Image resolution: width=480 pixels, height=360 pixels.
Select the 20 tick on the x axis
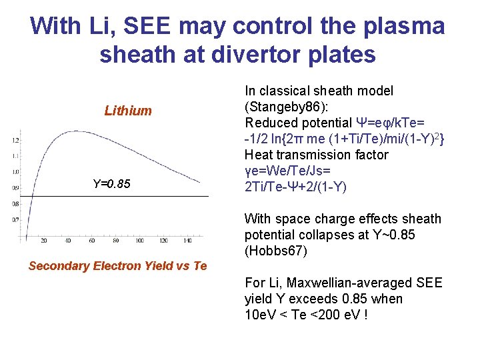[44, 241]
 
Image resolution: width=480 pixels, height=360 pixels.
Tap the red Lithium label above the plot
[128, 111]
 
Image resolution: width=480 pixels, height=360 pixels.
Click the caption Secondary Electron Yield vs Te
[118, 266]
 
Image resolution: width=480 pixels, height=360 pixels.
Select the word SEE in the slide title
[170, 26]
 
